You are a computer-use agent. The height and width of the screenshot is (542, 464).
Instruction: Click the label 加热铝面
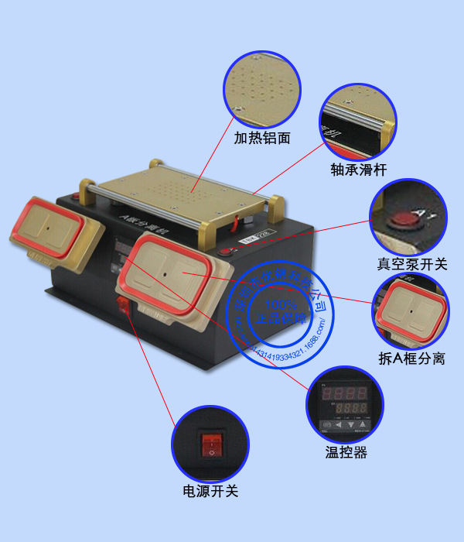(263, 139)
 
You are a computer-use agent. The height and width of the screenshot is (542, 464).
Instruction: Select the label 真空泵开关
(412, 265)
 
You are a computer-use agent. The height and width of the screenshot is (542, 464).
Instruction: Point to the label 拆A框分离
(411, 358)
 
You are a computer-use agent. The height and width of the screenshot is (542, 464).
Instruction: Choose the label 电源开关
(210, 490)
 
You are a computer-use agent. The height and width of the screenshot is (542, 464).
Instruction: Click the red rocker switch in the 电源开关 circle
(211, 445)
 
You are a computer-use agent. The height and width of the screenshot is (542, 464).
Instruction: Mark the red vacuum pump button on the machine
(224, 251)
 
